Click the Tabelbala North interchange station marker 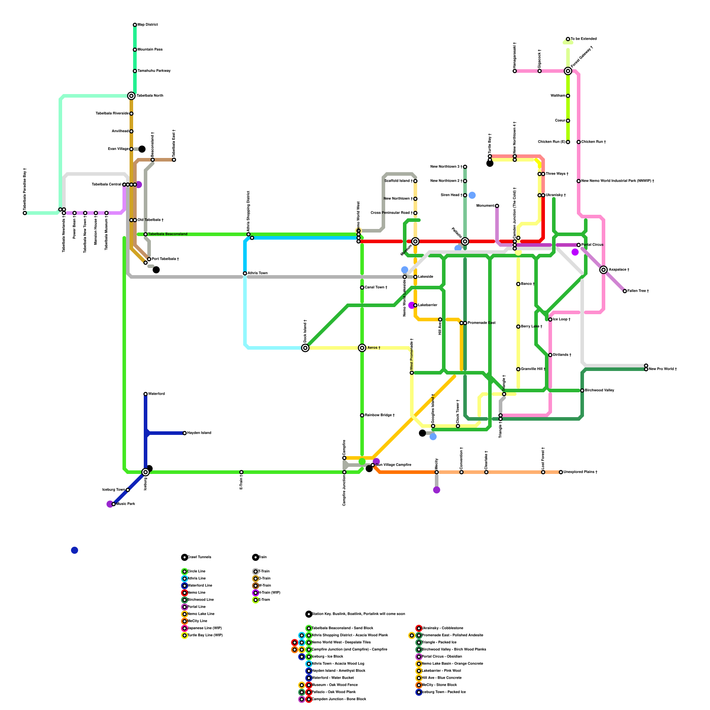(131, 96)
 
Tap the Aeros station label (374, 348)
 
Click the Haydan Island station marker (185, 433)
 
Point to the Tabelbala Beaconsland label (168, 234)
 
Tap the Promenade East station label (481, 323)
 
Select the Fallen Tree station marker (625, 291)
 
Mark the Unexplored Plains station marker (561, 472)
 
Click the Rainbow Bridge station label (380, 415)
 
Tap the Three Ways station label (557, 174)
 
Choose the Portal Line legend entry (197, 607)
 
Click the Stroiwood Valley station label (600, 390)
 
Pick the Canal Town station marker (362, 288)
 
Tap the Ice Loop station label (562, 319)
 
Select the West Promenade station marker (412, 373)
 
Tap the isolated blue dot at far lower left (75, 550)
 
